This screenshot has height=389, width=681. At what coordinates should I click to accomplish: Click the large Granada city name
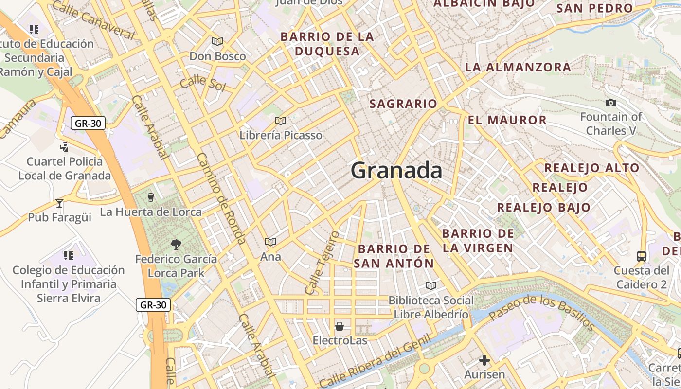pos(396,171)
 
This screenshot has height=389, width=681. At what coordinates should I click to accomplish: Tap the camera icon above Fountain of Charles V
pos(611,103)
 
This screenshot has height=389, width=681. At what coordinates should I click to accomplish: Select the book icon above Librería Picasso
pos(280,121)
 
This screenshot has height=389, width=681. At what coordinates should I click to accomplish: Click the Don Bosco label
pos(217,56)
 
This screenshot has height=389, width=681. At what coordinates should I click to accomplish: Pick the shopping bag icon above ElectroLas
pos(340,326)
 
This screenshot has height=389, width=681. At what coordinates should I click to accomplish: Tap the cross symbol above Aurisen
pos(484,360)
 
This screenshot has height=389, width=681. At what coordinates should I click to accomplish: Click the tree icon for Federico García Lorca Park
pos(176,245)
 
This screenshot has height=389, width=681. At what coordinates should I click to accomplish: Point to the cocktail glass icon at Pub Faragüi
pos(59,203)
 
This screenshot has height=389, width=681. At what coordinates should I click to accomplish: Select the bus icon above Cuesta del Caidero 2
pos(642,256)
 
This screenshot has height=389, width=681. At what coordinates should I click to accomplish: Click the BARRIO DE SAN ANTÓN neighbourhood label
pos(394,256)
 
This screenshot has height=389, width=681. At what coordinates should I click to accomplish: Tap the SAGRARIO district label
pos(403,104)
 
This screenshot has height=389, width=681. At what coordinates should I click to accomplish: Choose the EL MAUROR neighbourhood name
pos(507,120)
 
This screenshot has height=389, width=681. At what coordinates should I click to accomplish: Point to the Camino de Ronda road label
pos(221,198)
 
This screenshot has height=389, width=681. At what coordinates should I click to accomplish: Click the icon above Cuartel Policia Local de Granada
pos(64,147)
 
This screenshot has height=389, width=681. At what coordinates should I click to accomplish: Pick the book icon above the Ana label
pos(270,242)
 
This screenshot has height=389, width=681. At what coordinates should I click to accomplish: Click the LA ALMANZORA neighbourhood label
pos(518,67)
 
